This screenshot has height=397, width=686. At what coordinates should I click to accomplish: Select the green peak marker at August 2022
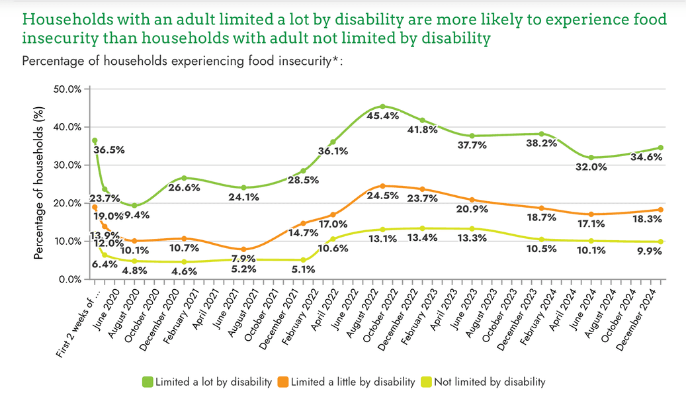pos(383,107)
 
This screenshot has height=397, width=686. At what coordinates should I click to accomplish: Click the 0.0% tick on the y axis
pos(69,279)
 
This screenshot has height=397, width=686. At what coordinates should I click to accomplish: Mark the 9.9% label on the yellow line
pos(648,252)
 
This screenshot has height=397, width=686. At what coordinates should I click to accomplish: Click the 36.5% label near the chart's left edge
pos(109,150)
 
